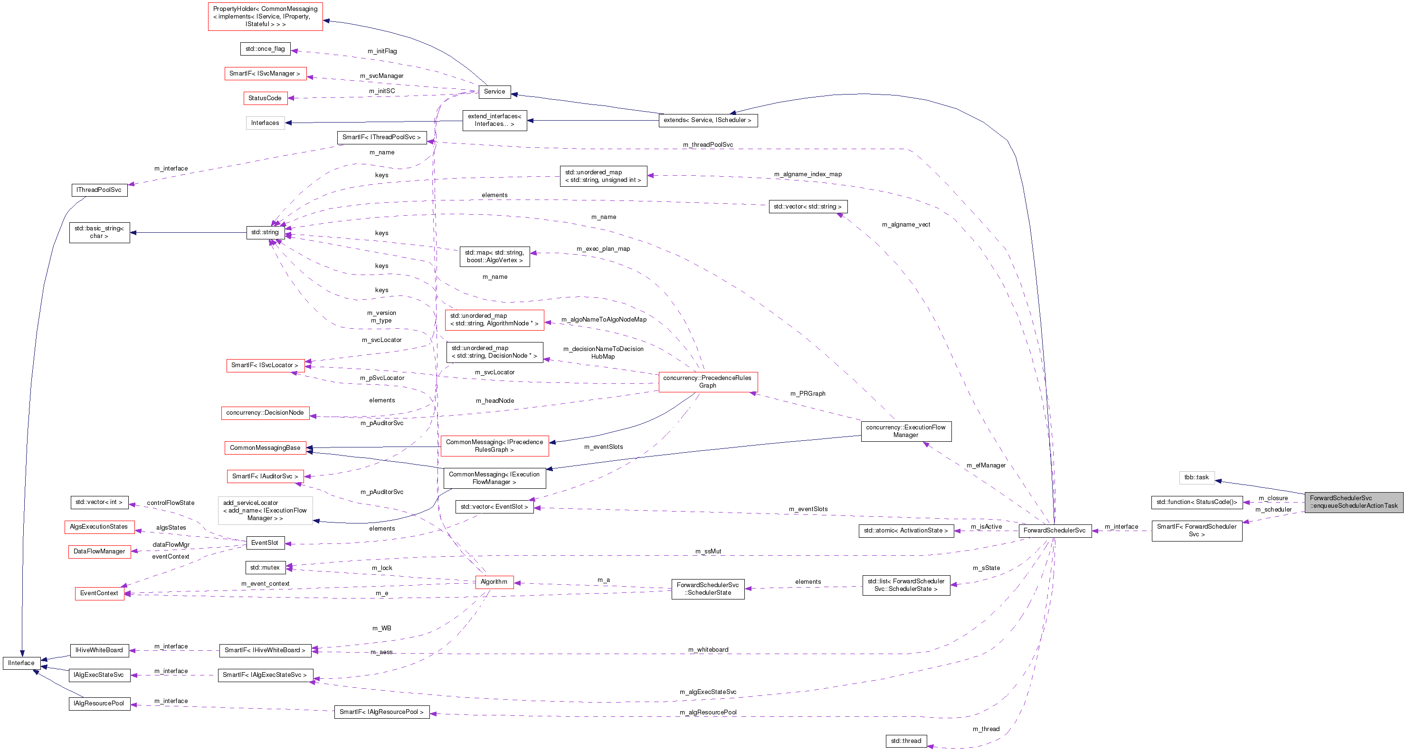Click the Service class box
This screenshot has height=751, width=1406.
coord(494,92)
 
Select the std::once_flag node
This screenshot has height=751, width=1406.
coord(265,49)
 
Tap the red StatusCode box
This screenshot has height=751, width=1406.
coord(265,98)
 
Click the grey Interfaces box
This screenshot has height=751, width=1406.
coord(265,124)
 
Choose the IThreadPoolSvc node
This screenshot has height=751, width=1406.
coord(99,190)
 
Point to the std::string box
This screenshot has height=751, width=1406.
coord(265,232)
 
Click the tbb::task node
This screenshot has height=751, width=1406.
coord(1196,477)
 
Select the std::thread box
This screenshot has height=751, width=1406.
coord(905,741)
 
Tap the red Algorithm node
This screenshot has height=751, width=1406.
coord(494,582)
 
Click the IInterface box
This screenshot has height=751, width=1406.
coord(21,663)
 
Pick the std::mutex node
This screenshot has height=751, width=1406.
coord(265,568)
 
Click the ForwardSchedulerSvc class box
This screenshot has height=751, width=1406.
coord(1054,531)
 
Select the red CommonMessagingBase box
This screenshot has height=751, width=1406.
coord(265,448)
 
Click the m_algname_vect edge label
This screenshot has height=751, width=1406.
coord(905,225)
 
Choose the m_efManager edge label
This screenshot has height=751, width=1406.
coord(986,466)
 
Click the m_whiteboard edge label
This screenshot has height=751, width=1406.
coord(708,650)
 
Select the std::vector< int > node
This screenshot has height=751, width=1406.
coord(99,502)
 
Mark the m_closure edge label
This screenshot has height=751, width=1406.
coord(1273,498)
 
